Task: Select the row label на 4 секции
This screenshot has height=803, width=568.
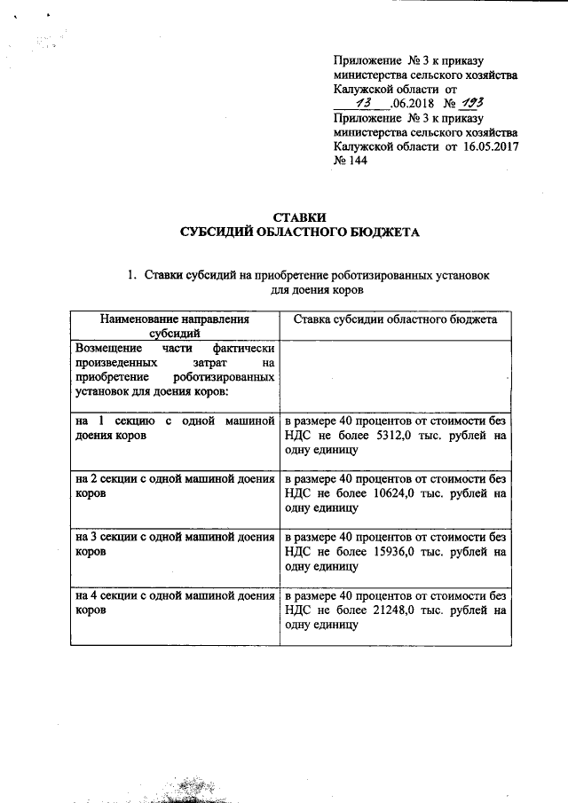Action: (x=110, y=596)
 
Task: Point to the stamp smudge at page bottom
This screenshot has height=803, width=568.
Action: (x=197, y=789)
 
